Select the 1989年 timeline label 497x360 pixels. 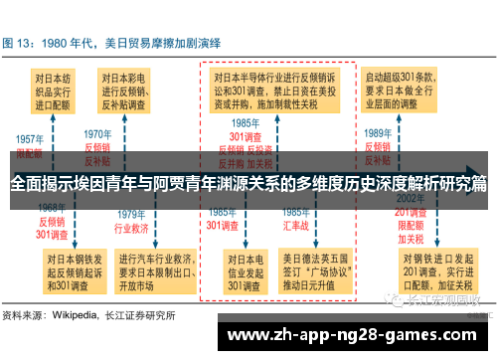pos(377,133)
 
